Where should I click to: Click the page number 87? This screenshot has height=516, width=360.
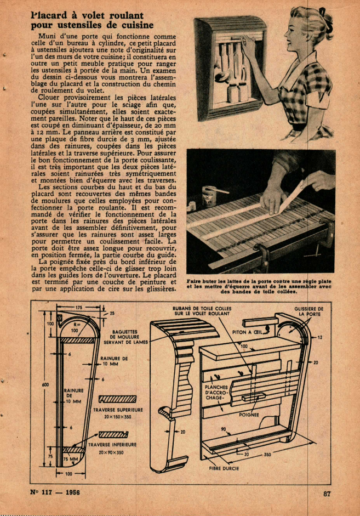(327, 494)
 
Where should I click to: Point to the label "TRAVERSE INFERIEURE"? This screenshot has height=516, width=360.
(112, 445)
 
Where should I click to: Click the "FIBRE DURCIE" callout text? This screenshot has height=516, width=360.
(224, 468)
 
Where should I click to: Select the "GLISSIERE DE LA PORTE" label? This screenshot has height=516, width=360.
(309, 311)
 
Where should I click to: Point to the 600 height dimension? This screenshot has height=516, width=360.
(45, 384)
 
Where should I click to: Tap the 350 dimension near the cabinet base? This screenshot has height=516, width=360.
(267, 455)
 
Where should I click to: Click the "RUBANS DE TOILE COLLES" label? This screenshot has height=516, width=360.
(202, 311)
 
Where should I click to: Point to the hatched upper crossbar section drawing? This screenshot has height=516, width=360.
(118, 399)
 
